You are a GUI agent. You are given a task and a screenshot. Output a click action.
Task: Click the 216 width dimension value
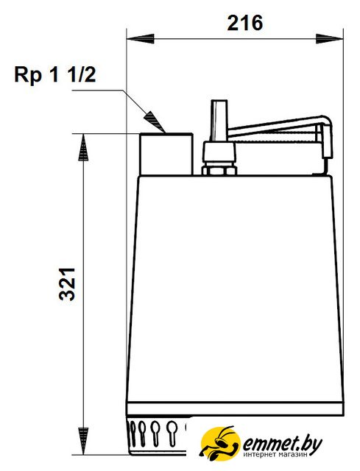(x=244, y=23)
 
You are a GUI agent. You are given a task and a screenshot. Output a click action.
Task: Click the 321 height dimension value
(x=67, y=284)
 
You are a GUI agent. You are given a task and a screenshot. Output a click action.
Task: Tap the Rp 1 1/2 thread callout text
(x=55, y=74)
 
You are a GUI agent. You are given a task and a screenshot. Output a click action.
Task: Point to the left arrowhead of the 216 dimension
(x=140, y=39)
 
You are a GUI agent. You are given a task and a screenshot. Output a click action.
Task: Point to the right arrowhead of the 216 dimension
(x=329, y=39)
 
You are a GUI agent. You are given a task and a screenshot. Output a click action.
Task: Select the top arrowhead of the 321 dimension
(x=83, y=147)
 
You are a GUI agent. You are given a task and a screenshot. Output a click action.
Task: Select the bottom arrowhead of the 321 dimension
(x=83, y=442)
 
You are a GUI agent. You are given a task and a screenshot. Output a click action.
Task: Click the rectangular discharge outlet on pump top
(x=166, y=154)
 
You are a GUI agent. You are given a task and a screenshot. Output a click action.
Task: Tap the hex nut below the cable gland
(x=219, y=171)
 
